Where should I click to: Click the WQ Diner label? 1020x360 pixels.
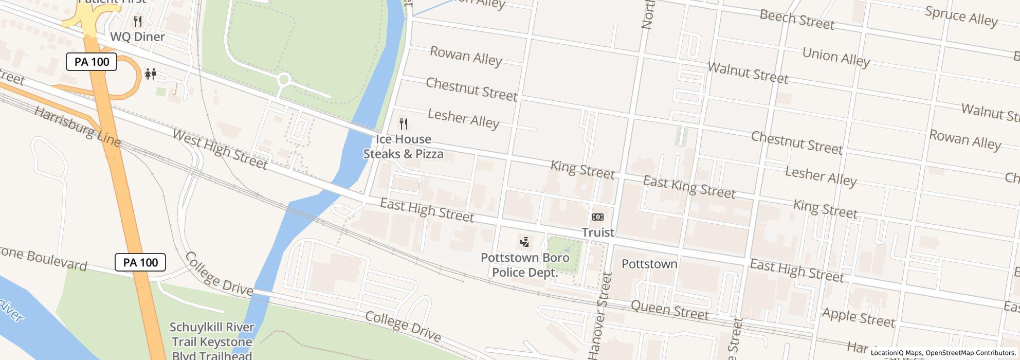click(137, 37)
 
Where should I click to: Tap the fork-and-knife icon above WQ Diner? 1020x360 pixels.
click(137, 21)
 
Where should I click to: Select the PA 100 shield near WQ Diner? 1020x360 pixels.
click(92, 62)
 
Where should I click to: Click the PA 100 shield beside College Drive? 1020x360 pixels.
click(140, 262)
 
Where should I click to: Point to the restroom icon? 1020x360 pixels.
click(150, 74)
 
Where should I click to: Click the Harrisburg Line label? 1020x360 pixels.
click(77, 126)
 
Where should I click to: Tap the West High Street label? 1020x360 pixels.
click(220, 149)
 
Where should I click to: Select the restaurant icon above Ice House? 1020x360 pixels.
click(404, 123)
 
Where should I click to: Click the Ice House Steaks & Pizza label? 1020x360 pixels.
click(404, 147)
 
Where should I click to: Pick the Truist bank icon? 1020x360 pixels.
click(597, 217)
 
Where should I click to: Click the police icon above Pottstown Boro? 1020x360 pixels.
click(524, 242)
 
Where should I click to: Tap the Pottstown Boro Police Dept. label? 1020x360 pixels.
click(525, 265)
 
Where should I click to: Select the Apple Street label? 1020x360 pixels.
click(859, 317)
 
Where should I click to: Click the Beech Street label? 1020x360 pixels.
click(796, 20)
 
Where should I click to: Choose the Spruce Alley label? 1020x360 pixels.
click(961, 16)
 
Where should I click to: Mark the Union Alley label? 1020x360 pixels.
click(835, 57)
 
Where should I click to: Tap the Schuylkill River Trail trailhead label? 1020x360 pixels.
click(211, 341)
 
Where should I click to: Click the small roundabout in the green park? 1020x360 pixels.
click(284, 80)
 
